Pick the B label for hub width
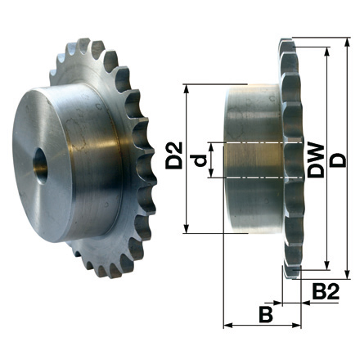pyautogui.click(x=265, y=313)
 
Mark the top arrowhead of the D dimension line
pyautogui.click(x=349, y=42)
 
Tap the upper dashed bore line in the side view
pyautogui.click(x=254, y=143)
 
